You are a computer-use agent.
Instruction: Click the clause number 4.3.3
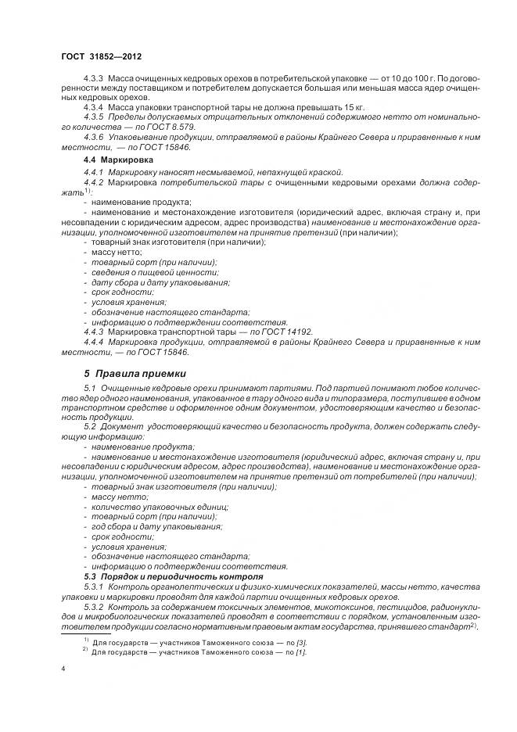[95, 80]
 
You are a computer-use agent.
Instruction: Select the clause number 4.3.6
[95, 136]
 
